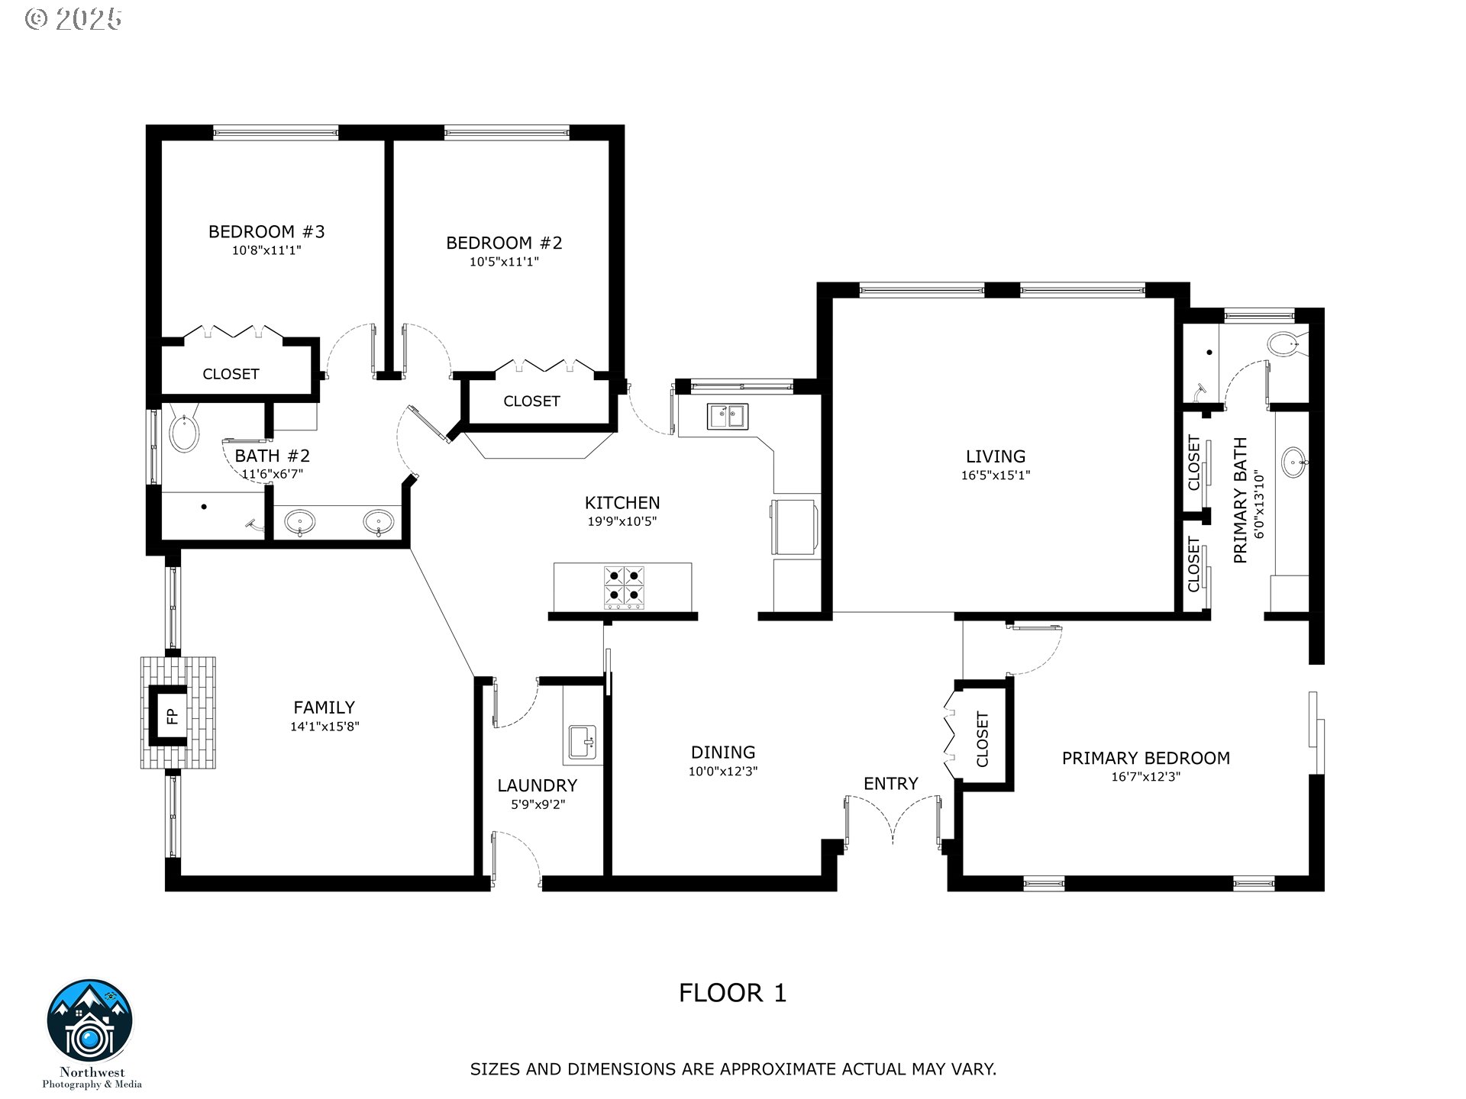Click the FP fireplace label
tap(172, 716)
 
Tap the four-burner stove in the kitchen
tap(624, 587)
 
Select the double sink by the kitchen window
tap(728, 417)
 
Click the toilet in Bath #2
tap(183, 430)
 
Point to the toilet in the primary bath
tap(1287, 344)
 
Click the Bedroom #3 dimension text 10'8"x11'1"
tap(267, 250)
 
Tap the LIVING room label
tap(996, 456)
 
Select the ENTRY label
tap(890, 784)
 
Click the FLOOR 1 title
tap(733, 993)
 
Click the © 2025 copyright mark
tap(73, 19)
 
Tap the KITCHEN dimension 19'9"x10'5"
tap(622, 522)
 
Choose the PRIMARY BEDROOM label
tap(1146, 758)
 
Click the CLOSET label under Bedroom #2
tap(531, 401)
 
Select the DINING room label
tap(723, 753)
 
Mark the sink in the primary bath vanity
tap(1293, 462)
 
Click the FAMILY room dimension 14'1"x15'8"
tap(325, 727)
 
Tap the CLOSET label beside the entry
tap(983, 740)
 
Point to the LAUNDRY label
tap(537, 785)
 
